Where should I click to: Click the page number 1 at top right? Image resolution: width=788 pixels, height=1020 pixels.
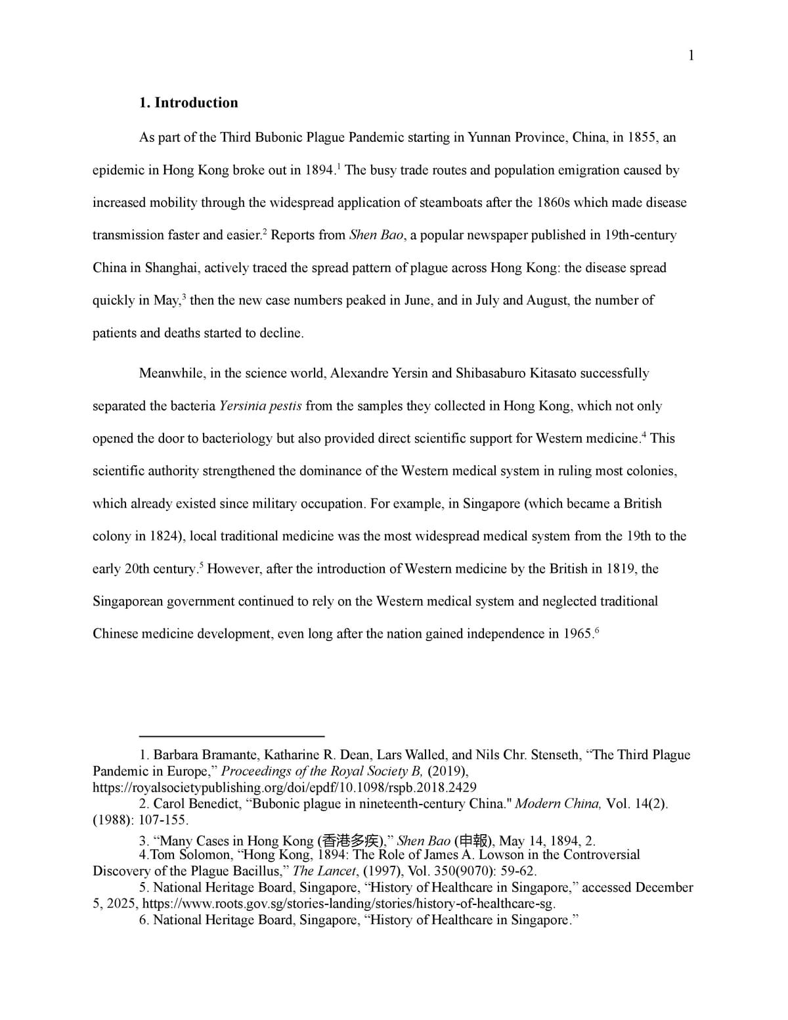pyautogui.click(x=690, y=56)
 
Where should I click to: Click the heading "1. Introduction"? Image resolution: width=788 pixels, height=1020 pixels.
pyautogui.click(x=188, y=103)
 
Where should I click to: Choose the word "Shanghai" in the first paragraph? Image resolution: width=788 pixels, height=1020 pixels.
pyautogui.click(x=171, y=268)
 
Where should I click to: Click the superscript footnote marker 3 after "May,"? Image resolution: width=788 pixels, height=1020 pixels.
pyautogui.click(x=184, y=297)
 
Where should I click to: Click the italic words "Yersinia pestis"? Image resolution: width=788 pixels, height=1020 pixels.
pyautogui.click(x=261, y=406)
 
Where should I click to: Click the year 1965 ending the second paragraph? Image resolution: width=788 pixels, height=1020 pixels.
pyautogui.click(x=577, y=634)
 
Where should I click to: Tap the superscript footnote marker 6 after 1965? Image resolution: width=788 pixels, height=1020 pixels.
pyautogui.click(x=596, y=631)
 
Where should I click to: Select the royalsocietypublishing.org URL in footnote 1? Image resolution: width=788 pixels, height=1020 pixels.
pyautogui.click(x=284, y=787)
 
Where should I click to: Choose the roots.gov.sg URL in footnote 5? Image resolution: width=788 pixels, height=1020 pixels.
pyautogui.click(x=349, y=904)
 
